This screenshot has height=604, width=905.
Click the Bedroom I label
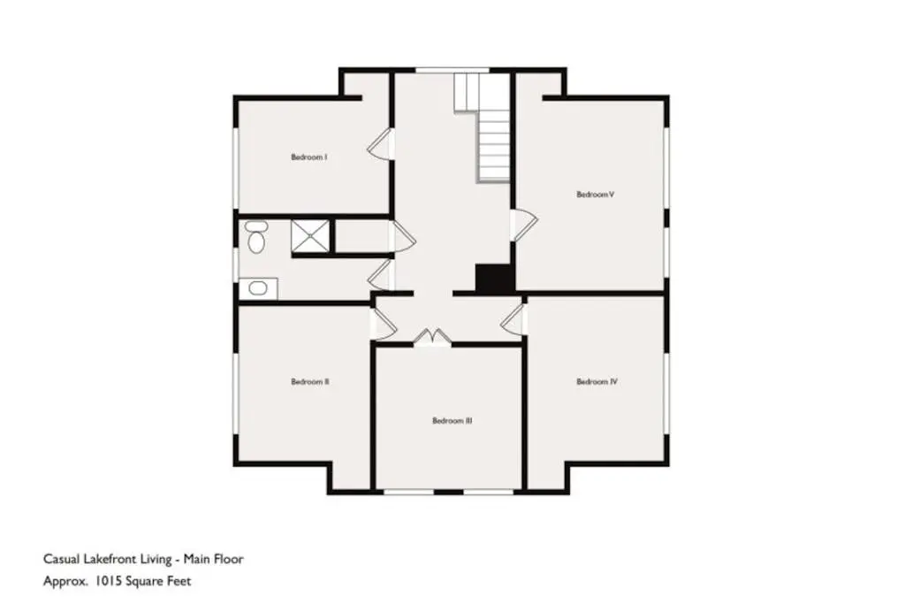tap(309, 157)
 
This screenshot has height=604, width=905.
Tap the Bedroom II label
tap(310, 382)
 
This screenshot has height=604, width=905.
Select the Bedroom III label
tap(452, 421)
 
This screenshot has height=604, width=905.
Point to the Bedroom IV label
tap(597, 382)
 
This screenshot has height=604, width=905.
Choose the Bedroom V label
tap(595, 195)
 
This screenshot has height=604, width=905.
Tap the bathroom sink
tap(257, 288)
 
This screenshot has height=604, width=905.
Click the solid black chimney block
tap(494, 278)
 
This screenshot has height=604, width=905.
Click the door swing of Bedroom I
tap(379, 143)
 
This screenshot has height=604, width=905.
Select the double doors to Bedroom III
tap(432, 337)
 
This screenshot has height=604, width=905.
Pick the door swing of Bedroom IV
tap(513, 320)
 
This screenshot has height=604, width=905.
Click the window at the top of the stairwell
tap(452, 70)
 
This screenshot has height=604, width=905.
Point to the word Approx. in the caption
tap(65, 582)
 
